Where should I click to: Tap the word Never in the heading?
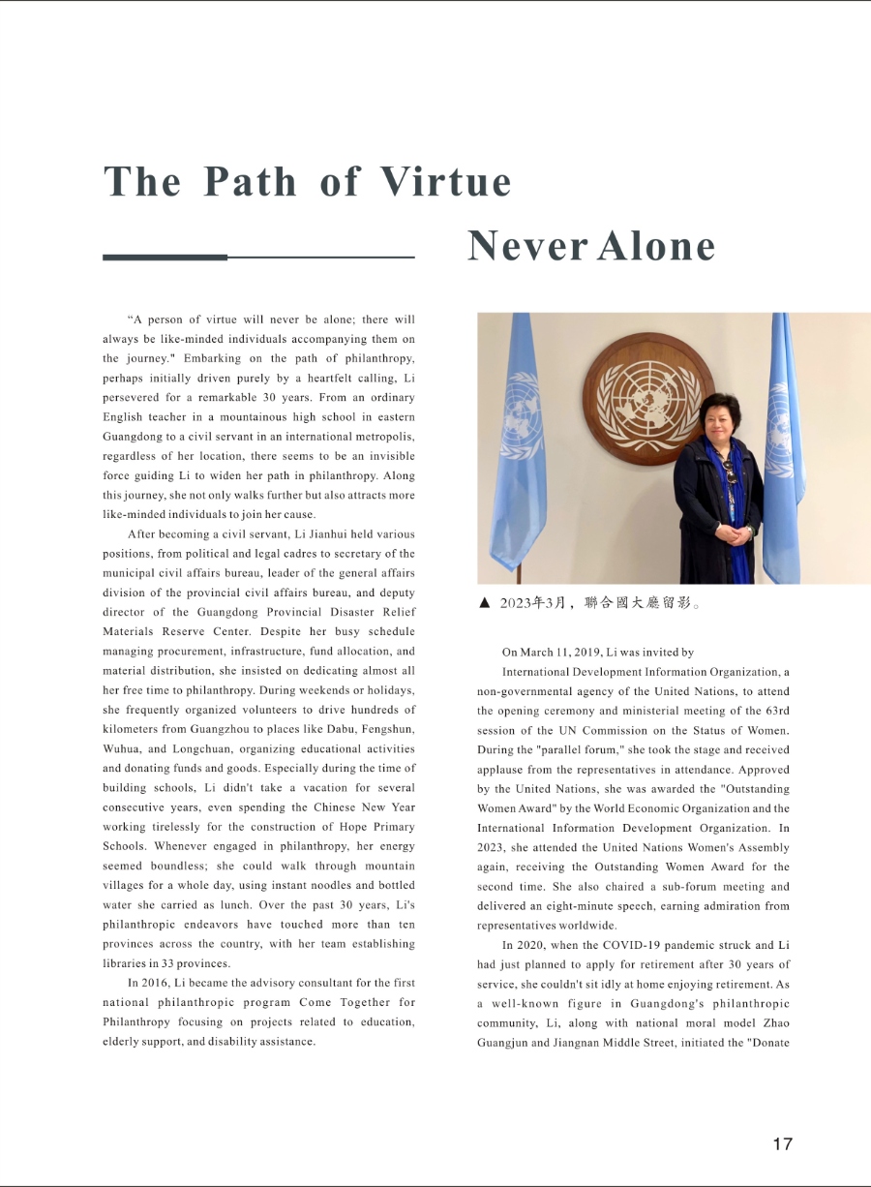coord(526,246)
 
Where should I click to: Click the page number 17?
coord(782,1143)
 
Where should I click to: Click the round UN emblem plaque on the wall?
coord(647,398)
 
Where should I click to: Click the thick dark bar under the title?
coord(165,258)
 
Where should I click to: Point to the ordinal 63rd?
coord(776,711)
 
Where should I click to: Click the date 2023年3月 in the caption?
coord(533,603)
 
